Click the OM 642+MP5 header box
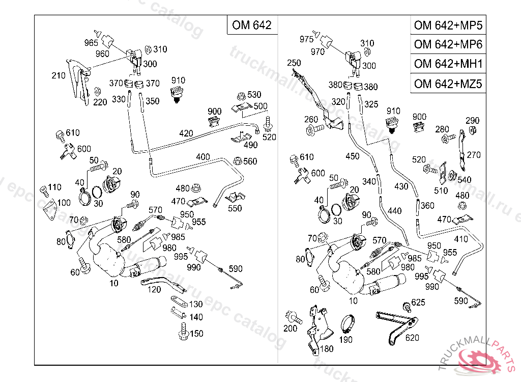(448, 25)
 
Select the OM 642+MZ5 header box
(448, 84)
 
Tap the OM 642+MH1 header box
(448, 64)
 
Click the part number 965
(91, 43)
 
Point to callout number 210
(59, 76)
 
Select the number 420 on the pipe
(186, 133)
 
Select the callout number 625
(418, 303)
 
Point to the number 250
(294, 63)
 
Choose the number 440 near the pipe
(394, 210)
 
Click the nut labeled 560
(237, 161)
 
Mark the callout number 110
(54, 187)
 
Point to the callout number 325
(371, 104)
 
